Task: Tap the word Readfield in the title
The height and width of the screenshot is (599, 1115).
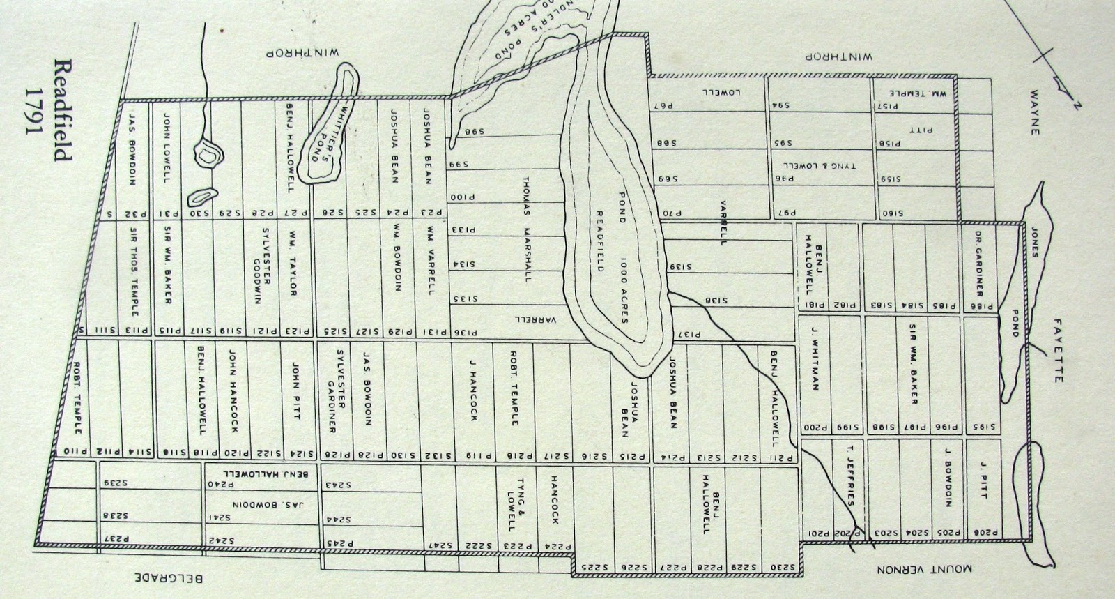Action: click(62, 109)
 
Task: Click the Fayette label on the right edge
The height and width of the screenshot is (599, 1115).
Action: click(1059, 350)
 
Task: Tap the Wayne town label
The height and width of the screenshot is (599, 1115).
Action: click(1033, 112)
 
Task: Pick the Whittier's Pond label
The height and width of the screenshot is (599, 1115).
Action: click(325, 137)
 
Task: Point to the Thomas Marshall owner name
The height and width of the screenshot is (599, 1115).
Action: click(528, 228)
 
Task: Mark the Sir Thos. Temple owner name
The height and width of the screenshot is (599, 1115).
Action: click(134, 268)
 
